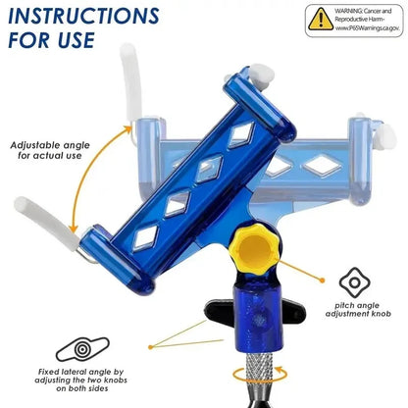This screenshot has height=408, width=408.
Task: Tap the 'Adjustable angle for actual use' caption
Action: coord(51,150)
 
